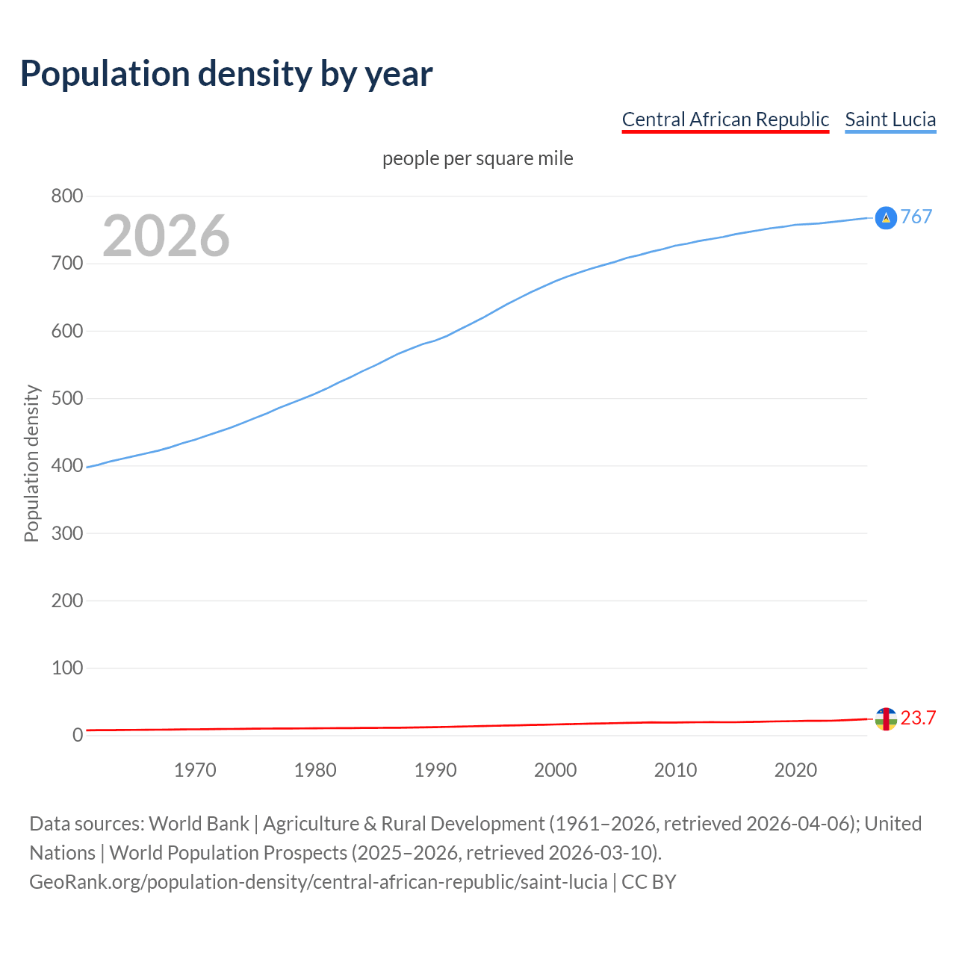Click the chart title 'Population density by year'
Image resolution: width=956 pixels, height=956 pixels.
(226, 73)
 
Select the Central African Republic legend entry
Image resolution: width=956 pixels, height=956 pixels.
(725, 119)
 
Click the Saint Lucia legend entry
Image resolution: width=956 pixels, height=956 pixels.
(890, 119)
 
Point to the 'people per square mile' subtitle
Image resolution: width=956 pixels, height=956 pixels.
(477, 158)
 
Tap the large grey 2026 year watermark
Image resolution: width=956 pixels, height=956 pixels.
(166, 236)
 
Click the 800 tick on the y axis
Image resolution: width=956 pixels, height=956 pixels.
(67, 196)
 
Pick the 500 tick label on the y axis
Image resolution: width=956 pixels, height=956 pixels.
(67, 398)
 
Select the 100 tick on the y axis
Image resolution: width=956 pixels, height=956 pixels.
(67, 668)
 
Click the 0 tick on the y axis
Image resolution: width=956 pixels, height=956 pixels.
(78, 735)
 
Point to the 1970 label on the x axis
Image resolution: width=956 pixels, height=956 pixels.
(195, 770)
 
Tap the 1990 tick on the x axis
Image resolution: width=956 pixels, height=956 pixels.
(435, 770)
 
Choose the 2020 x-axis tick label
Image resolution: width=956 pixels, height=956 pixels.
(795, 770)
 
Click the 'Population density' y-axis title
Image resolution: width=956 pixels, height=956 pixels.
(31, 463)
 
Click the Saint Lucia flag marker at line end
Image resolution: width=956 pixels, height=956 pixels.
(886, 217)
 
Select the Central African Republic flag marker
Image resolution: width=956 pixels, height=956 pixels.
(886, 719)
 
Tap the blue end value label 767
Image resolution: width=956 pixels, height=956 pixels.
(916, 217)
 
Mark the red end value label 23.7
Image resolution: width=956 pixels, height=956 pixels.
(918, 718)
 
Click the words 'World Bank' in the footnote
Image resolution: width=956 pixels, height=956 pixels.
(199, 823)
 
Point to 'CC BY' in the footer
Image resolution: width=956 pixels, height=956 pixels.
(648, 881)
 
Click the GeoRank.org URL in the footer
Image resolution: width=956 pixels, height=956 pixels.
(318, 881)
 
